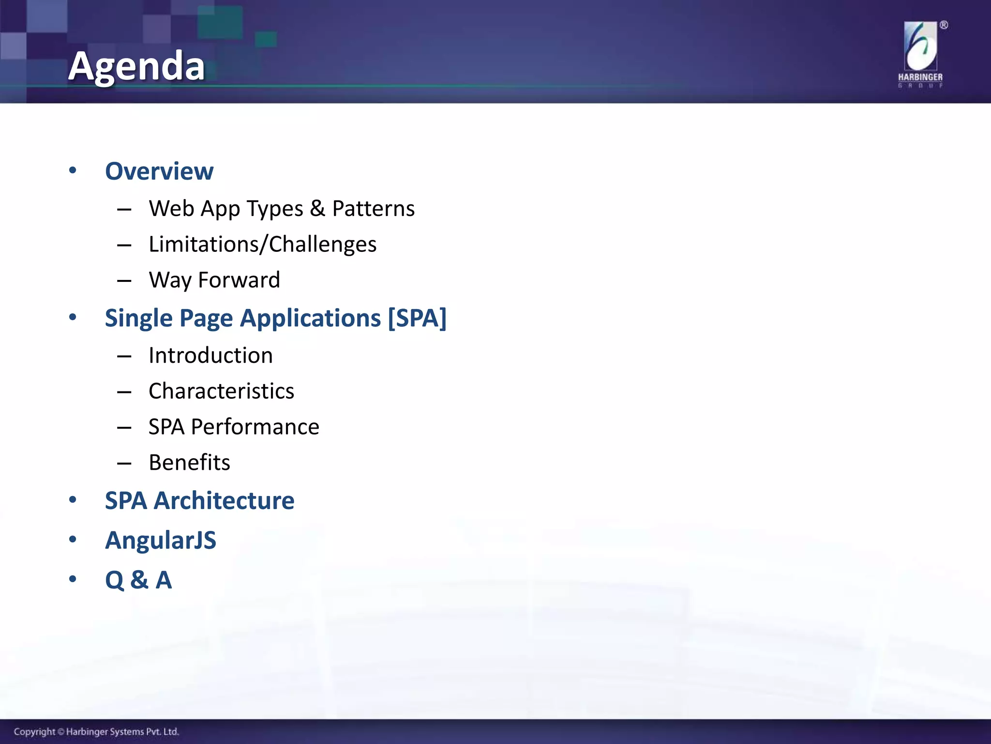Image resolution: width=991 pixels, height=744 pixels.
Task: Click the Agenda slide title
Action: [x=136, y=66]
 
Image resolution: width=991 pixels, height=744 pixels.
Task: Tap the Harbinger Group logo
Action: [x=920, y=53]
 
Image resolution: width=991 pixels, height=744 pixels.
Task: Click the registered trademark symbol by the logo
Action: [x=944, y=25]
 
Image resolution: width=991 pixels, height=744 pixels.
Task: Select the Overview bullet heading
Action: [x=159, y=171]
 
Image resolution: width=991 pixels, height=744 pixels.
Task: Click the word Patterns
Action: [x=373, y=209]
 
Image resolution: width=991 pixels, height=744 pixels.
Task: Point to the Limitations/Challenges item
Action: [x=262, y=244]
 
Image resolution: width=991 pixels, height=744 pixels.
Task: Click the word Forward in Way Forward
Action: [x=239, y=280]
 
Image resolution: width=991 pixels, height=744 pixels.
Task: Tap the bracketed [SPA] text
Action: [x=417, y=318]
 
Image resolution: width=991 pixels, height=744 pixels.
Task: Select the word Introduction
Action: [x=210, y=356]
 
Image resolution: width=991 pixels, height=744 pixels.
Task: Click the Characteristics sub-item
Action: [x=221, y=391]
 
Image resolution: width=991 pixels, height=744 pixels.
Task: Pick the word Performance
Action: [x=255, y=427]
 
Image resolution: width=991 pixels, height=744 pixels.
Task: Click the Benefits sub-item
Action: [x=189, y=463]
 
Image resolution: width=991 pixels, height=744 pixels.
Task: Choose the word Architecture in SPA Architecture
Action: [x=224, y=500]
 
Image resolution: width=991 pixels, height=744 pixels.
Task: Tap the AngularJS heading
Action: [x=161, y=540]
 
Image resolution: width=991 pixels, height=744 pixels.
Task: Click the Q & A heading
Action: [x=138, y=580]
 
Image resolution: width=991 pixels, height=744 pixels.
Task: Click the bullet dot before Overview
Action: [x=73, y=170]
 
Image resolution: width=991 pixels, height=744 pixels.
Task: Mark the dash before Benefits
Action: [x=124, y=464]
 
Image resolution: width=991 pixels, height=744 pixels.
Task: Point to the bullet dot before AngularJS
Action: [x=73, y=539]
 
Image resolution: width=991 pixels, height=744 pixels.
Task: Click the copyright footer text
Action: [x=96, y=731]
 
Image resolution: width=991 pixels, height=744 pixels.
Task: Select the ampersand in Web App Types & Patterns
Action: [x=317, y=209]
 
